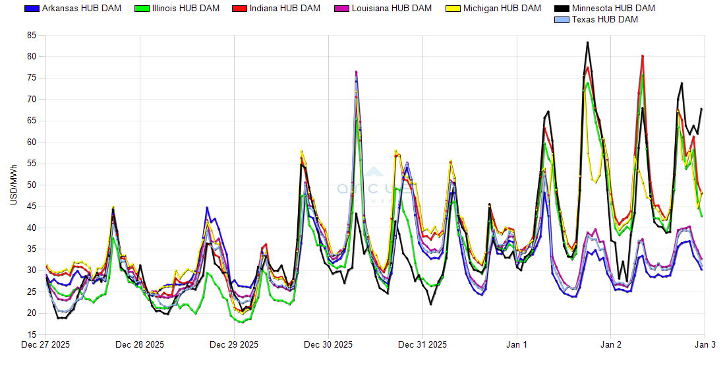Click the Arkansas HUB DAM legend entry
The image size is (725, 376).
coord(65,9)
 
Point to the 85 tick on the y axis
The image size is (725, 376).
coord(31,35)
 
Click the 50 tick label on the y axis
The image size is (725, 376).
coord(31,185)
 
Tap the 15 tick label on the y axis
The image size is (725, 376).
coord(31,335)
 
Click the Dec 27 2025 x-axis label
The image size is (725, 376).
coord(45,344)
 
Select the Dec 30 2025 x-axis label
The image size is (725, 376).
coord(328,344)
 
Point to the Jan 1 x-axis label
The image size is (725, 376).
coord(517,344)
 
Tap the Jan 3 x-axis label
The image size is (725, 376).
coord(705,344)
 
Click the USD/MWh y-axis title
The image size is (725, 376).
coord(14,185)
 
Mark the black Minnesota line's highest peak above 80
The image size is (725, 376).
coord(587,42)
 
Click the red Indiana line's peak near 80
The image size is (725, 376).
coord(642,56)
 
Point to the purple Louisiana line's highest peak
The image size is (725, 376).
coord(356,71)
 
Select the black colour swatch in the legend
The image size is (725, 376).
coord(562,9)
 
